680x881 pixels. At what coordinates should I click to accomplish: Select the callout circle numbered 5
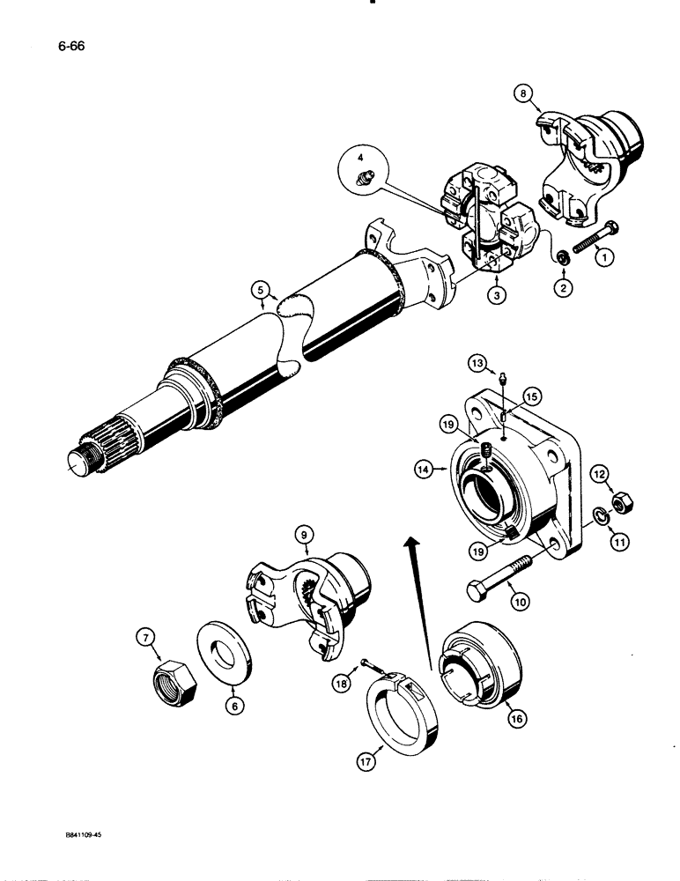tap(258, 287)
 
